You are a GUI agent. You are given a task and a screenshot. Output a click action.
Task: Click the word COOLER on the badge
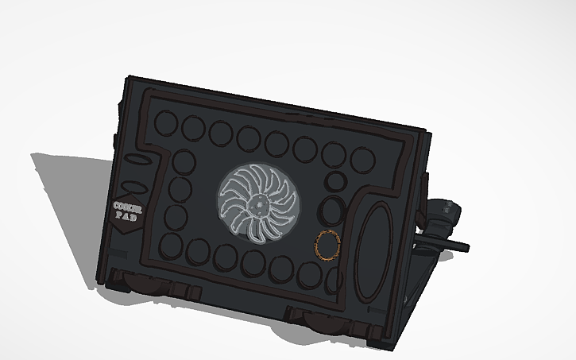point(128,207)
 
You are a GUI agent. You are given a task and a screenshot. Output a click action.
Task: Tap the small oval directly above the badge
point(136,189)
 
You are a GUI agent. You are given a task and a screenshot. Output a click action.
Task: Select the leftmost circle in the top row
point(167,123)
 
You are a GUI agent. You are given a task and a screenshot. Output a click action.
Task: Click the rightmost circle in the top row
point(362,159)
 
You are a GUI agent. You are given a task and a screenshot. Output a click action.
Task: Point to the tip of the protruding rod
point(466,248)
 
